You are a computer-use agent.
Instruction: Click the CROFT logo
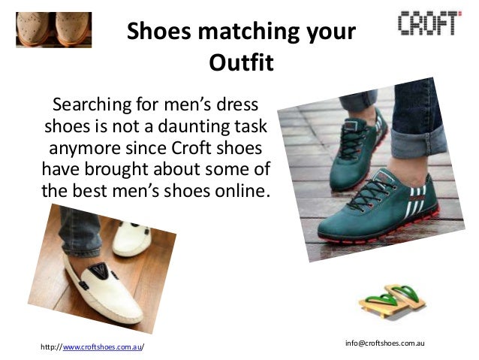tap(426, 23)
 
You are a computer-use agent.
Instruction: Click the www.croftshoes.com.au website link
tap(102, 346)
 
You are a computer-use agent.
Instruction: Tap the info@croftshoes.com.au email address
tap(385, 343)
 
